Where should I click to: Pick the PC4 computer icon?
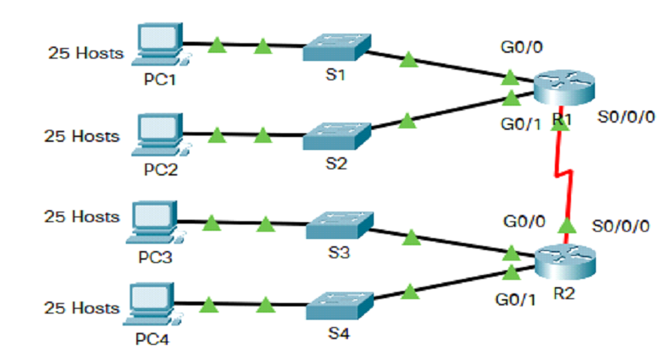pyautogui.click(x=150, y=304)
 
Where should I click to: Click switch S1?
pyautogui.click(x=336, y=48)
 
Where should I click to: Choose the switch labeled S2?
pyautogui.click(x=337, y=136)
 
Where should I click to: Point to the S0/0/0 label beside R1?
pyautogui.click(x=626, y=117)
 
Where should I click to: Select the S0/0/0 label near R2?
pyautogui.click(x=621, y=226)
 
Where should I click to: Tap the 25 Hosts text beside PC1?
pyautogui.click(x=86, y=54)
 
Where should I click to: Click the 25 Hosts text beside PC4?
pyautogui.click(x=82, y=307)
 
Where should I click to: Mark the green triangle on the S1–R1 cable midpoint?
pyautogui.click(x=408, y=59)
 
